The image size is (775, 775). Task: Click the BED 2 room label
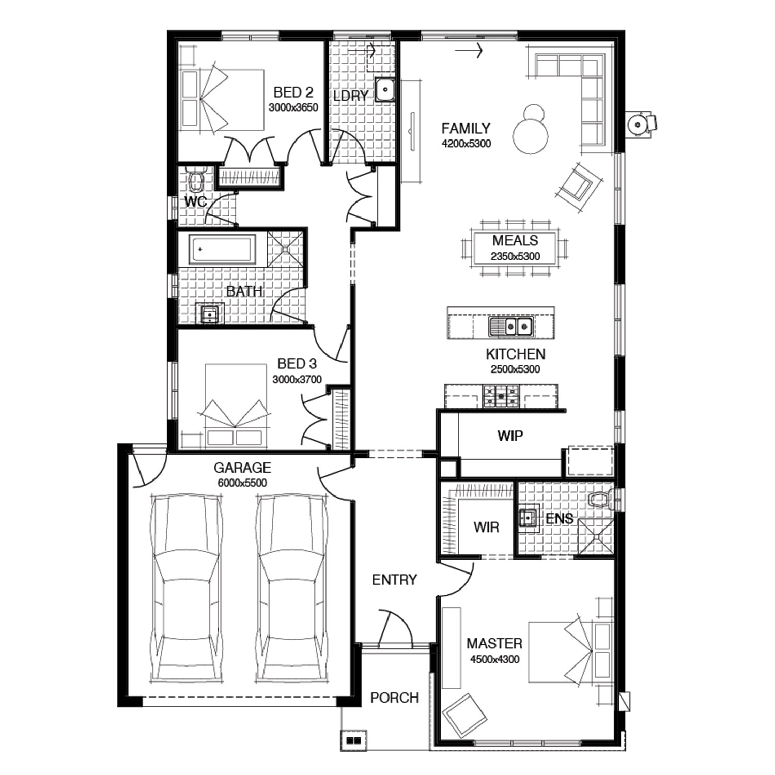tap(293, 92)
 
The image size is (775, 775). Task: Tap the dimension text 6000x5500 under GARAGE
tap(242, 483)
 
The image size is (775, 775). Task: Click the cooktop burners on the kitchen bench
tap(500, 396)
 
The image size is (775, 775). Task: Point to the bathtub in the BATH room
tap(222, 249)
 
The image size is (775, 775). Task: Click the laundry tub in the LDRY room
tap(385, 89)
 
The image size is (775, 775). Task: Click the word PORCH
tap(395, 698)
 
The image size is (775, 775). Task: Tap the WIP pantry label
tap(510, 436)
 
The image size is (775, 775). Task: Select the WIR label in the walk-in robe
tap(486, 527)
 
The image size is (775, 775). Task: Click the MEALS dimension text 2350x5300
tap(515, 256)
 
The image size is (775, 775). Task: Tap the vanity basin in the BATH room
tap(210, 314)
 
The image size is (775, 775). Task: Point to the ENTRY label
tap(394, 580)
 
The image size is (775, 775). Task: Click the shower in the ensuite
tap(595, 537)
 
